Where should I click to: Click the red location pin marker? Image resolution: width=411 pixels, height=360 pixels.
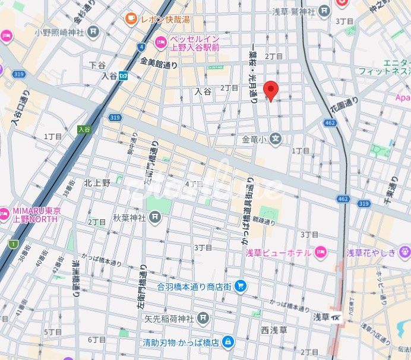271,89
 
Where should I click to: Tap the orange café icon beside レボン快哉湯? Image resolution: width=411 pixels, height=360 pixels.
130,20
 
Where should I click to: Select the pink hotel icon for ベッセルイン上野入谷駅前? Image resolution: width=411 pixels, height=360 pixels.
160,42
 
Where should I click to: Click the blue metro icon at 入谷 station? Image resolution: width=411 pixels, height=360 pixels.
124,75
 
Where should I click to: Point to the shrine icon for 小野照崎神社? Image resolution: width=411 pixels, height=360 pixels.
93,32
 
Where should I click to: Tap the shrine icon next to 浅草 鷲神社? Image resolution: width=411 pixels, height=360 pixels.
324,10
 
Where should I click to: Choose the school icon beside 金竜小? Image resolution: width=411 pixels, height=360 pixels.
276,140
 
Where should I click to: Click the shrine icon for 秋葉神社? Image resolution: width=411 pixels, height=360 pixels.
154,217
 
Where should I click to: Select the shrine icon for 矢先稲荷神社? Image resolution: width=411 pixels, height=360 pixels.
204,318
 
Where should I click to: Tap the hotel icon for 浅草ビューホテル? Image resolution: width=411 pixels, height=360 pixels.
321,252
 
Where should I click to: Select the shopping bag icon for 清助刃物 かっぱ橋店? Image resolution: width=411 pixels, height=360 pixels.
229,342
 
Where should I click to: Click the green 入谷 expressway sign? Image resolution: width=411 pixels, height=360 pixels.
84,129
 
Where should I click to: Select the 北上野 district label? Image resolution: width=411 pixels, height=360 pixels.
97,182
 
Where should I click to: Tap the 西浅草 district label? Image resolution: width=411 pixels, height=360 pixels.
273,329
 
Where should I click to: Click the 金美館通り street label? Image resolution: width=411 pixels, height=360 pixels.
159,63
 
